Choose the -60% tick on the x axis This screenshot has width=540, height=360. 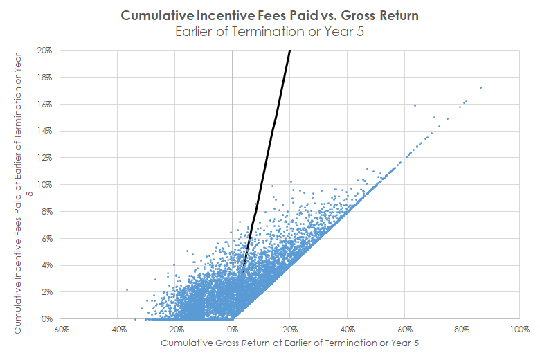pos(59,329)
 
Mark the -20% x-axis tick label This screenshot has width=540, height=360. pos(174,329)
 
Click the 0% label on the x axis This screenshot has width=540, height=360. pos(233,329)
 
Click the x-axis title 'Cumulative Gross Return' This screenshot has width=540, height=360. pos(290,343)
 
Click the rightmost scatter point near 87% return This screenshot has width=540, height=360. pos(480,88)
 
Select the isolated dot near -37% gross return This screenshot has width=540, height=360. pos(127,289)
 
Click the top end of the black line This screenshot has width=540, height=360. pos(289,51)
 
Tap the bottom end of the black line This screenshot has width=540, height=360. pos(244,266)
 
